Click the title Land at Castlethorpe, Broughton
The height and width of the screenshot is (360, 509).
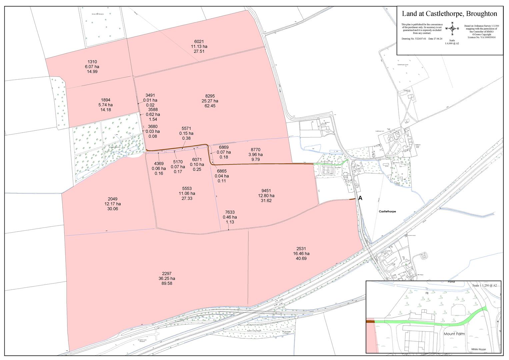(x=449, y=14)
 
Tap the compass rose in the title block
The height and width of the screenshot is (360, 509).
(x=452, y=29)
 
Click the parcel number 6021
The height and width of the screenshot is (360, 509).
(x=199, y=41)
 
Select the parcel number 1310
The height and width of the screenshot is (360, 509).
(x=92, y=62)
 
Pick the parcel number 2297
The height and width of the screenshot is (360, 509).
(x=167, y=273)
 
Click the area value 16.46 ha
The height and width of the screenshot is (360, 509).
(x=301, y=253)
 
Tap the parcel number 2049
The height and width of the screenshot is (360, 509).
(x=112, y=199)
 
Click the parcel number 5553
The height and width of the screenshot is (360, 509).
(x=187, y=188)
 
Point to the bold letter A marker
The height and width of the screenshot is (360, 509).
(x=360, y=198)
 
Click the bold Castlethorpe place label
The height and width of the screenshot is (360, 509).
(x=387, y=212)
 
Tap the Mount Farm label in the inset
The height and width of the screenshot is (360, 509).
(x=454, y=333)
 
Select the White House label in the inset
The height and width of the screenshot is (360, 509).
(x=478, y=349)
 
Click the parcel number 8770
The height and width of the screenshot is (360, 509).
(x=255, y=150)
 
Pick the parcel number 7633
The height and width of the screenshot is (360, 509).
(x=230, y=212)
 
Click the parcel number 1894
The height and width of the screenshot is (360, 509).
(x=105, y=100)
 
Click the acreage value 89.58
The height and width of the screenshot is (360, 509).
(x=167, y=283)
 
